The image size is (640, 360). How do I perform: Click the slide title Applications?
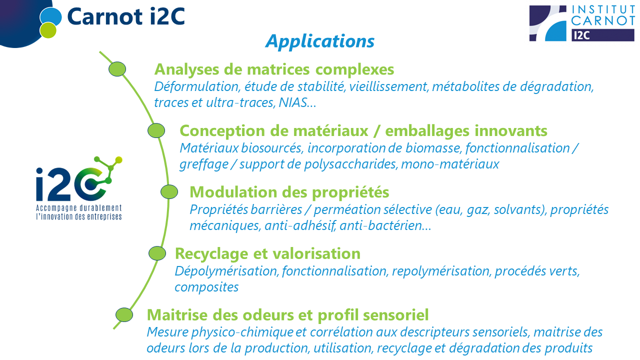[x=319, y=41]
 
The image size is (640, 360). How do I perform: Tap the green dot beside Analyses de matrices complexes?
[x=117, y=69]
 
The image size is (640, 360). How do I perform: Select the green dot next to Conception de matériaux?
[x=156, y=130]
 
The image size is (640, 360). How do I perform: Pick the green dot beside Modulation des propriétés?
[x=169, y=191]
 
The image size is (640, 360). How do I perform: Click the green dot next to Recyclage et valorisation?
[x=157, y=253]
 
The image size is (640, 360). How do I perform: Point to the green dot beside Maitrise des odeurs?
[x=124, y=314]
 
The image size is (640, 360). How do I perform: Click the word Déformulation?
[x=197, y=86]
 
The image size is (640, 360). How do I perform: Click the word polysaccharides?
[x=350, y=164]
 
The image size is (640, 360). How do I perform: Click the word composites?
[x=206, y=287]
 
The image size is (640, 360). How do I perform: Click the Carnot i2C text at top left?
[x=126, y=16]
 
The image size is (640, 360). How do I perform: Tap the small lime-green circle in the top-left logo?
[x=48, y=30]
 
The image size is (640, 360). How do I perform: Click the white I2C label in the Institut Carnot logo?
[x=581, y=35]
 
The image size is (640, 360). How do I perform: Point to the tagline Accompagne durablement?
[x=79, y=208]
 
